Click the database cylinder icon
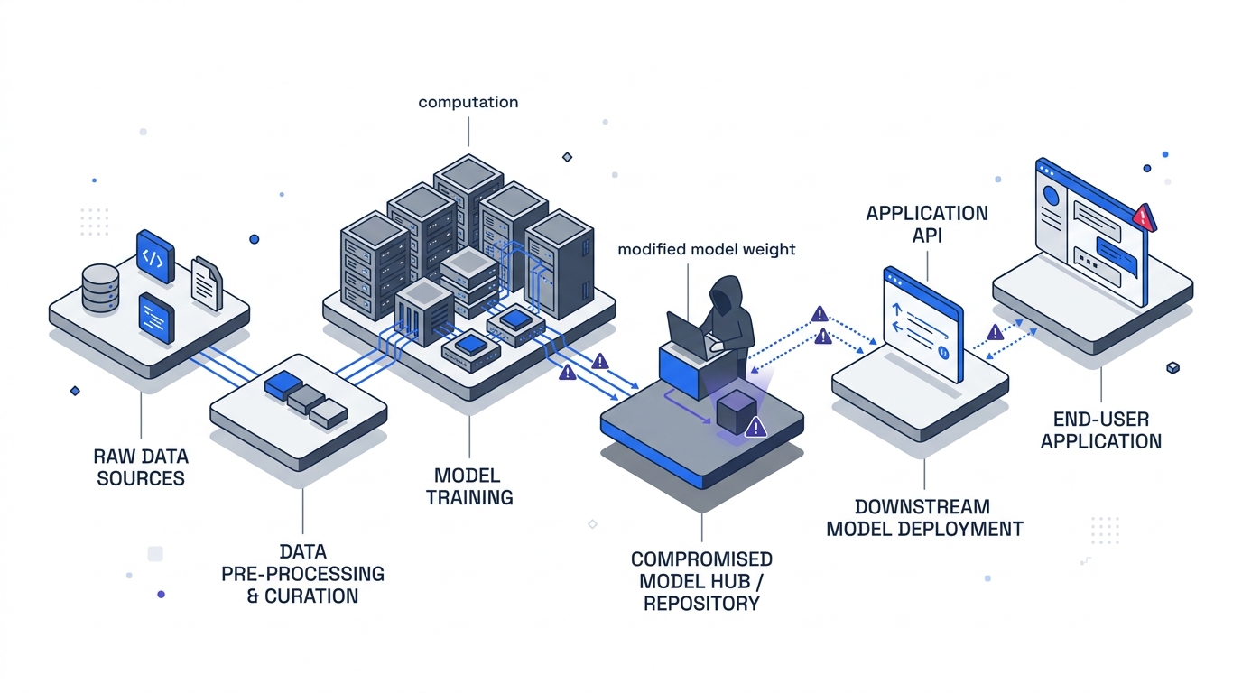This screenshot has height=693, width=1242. pyautogui.click(x=100, y=286)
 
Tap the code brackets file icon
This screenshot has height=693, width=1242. pyautogui.click(x=154, y=255)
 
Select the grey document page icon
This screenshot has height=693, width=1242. pyautogui.click(x=207, y=283)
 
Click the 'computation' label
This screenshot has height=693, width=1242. pyautogui.click(x=468, y=103)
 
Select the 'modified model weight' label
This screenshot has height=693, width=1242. pyautogui.click(x=707, y=249)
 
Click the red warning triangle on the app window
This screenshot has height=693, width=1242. pyautogui.click(x=1144, y=217)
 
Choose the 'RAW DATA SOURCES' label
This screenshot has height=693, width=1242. pyautogui.click(x=141, y=466)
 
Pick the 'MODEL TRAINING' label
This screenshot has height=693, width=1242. pyautogui.click(x=469, y=486)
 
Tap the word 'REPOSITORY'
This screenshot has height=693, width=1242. pyautogui.click(x=701, y=604)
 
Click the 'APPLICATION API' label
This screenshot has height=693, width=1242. pyautogui.click(x=927, y=225)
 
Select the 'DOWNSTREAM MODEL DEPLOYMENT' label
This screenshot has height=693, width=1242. pyautogui.click(x=925, y=518)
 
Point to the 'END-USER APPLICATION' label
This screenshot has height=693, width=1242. pyautogui.click(x=1101, y=430)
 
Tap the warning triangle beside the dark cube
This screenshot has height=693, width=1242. pyautogui.click(x=756, y=427)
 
